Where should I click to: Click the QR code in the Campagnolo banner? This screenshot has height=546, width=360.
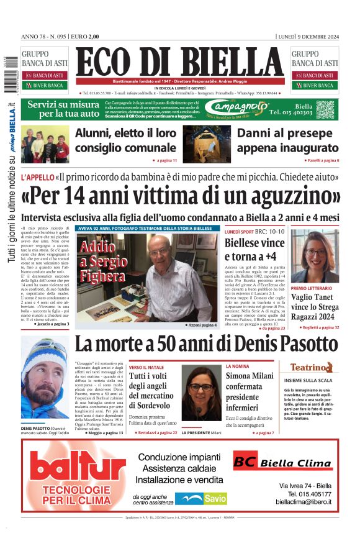click(325, 109)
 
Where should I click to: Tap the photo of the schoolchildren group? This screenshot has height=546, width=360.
click(45, 144)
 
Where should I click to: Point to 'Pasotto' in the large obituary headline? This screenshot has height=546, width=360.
click(293, 344)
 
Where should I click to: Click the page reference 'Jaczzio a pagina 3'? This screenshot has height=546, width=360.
click(52, 324)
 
